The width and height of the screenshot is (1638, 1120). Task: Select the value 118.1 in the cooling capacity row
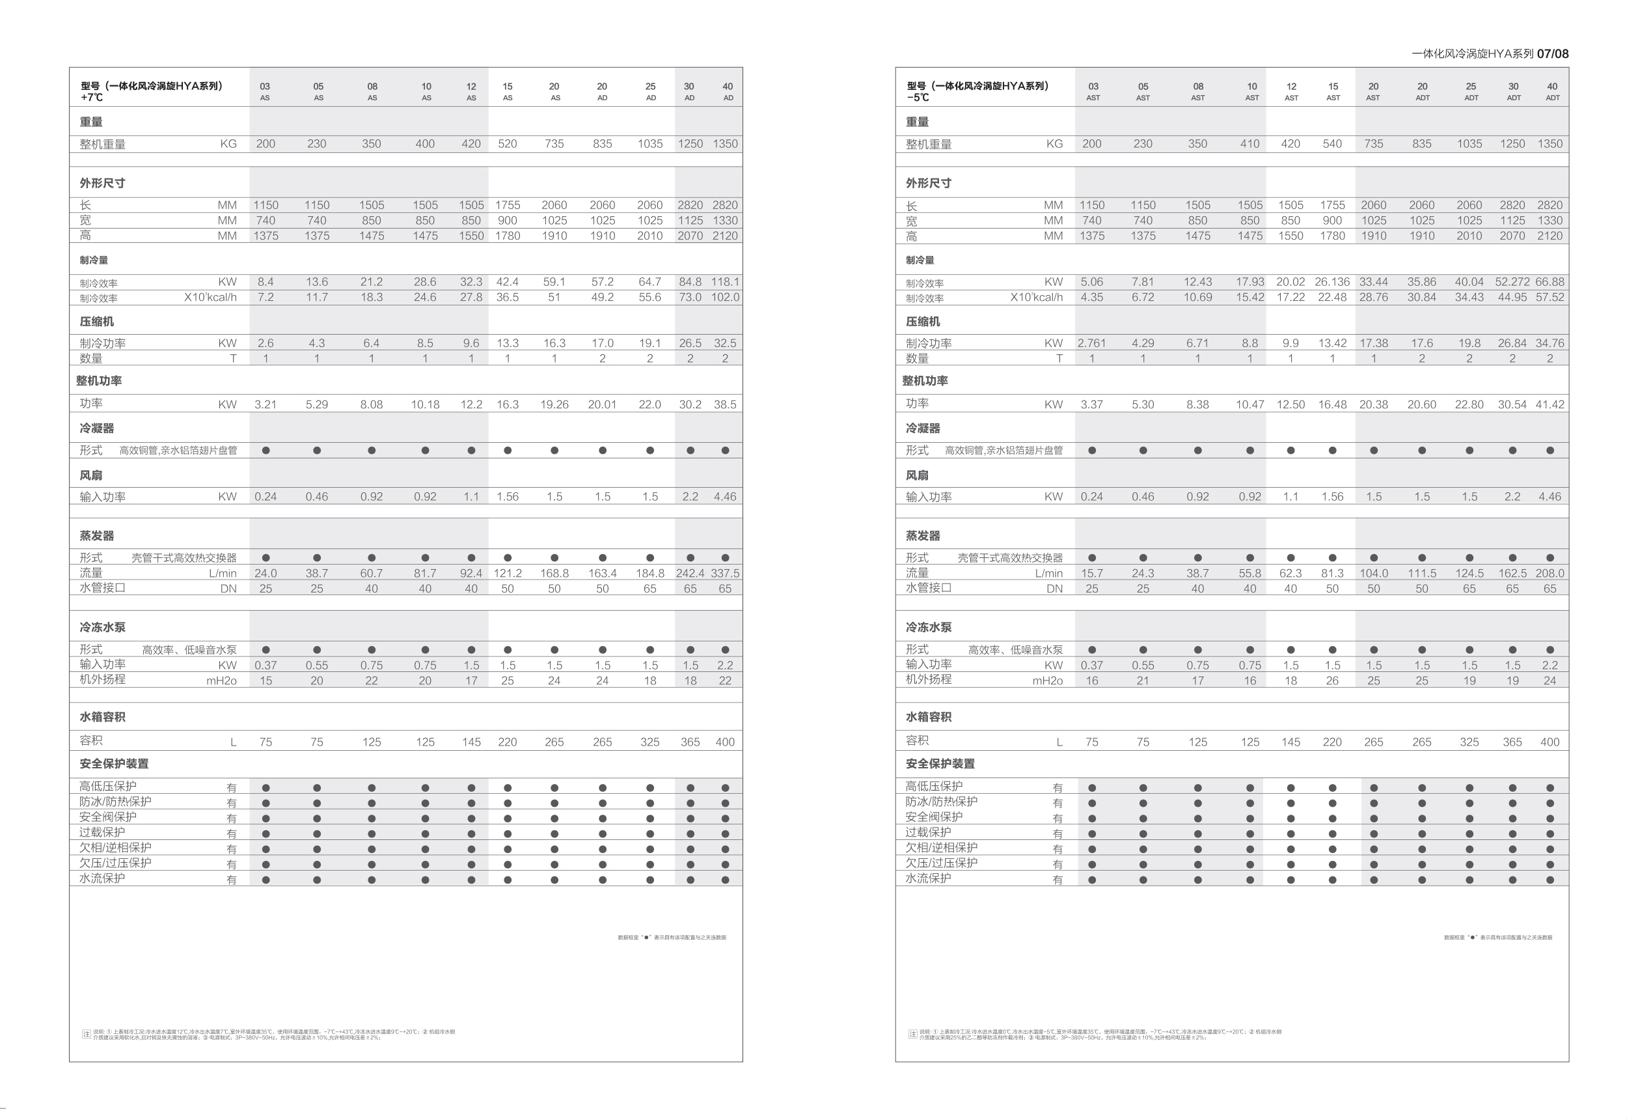[x=724, y=282]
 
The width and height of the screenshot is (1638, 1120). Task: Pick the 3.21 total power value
[x=265, y=405]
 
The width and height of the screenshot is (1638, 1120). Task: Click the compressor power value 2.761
[x=1091, y=343]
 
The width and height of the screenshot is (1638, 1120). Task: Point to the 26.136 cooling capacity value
[x=1331, y=282]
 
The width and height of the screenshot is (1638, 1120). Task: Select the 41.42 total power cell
[x=1549, y=405]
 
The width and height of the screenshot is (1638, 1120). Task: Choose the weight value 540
[x=1331, y=144]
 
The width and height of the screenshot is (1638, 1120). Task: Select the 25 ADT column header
[x=1470, y=92]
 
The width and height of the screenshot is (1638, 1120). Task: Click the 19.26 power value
[x=554, y=405]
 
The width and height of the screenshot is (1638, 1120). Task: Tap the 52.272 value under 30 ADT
[x=1512, y=282]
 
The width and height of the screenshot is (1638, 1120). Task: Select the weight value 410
[x=1249, y=144]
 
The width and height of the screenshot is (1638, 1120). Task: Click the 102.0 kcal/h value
[x=724, y=298]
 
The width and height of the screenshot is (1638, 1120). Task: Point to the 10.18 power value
[x=425, y=405]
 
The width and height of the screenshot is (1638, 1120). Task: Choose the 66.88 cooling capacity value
[x=1549, y=282]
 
